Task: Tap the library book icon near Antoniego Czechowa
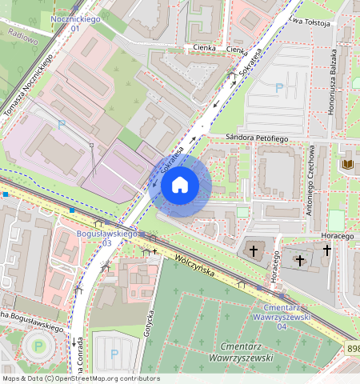pyautogui.click(x=347, y=164)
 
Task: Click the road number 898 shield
pyautogui.click(x=353, y=349)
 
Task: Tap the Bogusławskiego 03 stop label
pyautogui.click(x=106, y=237)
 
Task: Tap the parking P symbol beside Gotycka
pyautogui.click(x=114, y=353)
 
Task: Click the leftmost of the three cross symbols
pyautogui.click(x=254, y=251)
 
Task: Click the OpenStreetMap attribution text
pyautogui.click(x=80, y=378)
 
